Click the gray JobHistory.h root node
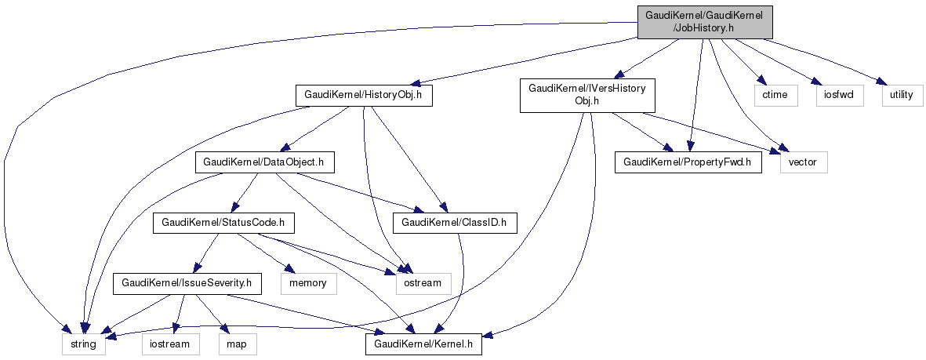click(704, 21)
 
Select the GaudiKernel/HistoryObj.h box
click(364, 96)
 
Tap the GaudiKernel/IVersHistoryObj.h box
click(587, 96)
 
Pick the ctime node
click(775, 96)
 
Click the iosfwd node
click(837, 96)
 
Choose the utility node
click(898, 96)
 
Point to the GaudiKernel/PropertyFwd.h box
click(688, 163)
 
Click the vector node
click(803, 163)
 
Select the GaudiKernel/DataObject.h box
click(264, 163)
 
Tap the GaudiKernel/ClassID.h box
click(455, 224)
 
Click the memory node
click(308, 282)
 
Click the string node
click(84, 344)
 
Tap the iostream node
click(165, 344)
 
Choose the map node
click(236, 344)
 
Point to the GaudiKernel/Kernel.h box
click(423, 344)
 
